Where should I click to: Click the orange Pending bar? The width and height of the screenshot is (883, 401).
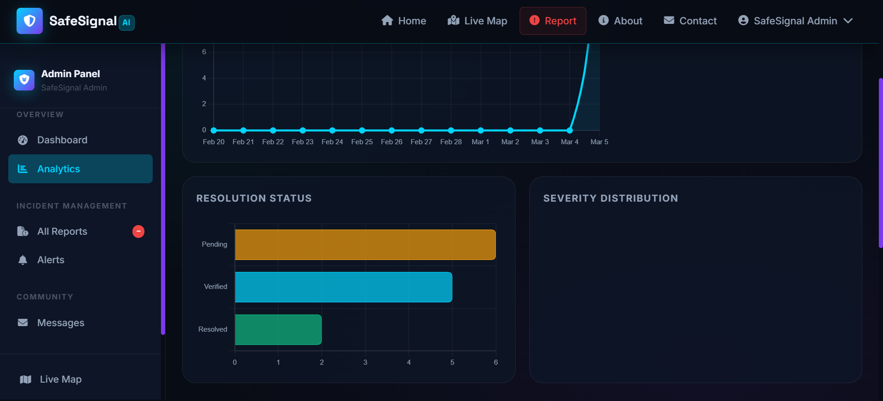365,245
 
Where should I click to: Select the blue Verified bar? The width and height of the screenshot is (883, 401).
343,287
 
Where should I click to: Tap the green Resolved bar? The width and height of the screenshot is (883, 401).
278,330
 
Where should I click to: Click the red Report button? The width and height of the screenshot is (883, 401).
553,21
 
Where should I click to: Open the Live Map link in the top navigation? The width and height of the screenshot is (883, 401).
477,21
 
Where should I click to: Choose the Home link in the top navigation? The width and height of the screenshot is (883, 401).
404,21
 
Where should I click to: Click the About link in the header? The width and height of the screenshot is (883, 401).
620,21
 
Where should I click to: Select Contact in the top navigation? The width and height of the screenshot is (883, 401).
690,21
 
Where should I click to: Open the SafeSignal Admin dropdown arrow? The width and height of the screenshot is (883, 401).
849,21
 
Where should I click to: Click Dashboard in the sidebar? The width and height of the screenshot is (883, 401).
62,140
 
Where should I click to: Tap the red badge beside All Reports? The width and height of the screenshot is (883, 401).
138,232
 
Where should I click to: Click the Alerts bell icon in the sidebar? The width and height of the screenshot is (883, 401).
23,260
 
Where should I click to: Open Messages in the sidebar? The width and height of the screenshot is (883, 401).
60,323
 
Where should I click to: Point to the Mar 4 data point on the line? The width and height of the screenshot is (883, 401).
570,130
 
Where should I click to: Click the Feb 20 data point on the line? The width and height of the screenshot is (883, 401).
214,130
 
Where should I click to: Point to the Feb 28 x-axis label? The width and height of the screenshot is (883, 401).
451,142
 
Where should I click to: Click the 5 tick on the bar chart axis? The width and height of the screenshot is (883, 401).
452,362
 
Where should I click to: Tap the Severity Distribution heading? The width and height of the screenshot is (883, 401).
610,198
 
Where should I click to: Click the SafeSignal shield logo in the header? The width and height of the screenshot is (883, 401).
29,21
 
